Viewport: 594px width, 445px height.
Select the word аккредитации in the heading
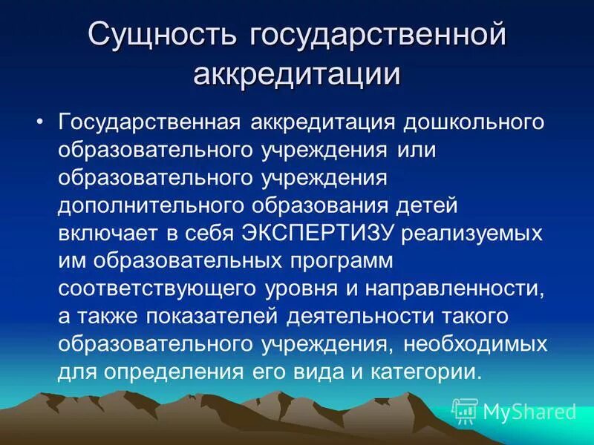pos(297,74)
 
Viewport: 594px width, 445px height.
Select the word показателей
pos(215,317)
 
